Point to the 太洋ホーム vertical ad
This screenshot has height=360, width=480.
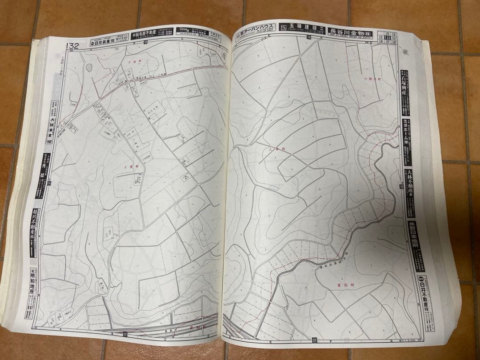pyautogui.click(x=406, y=134)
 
